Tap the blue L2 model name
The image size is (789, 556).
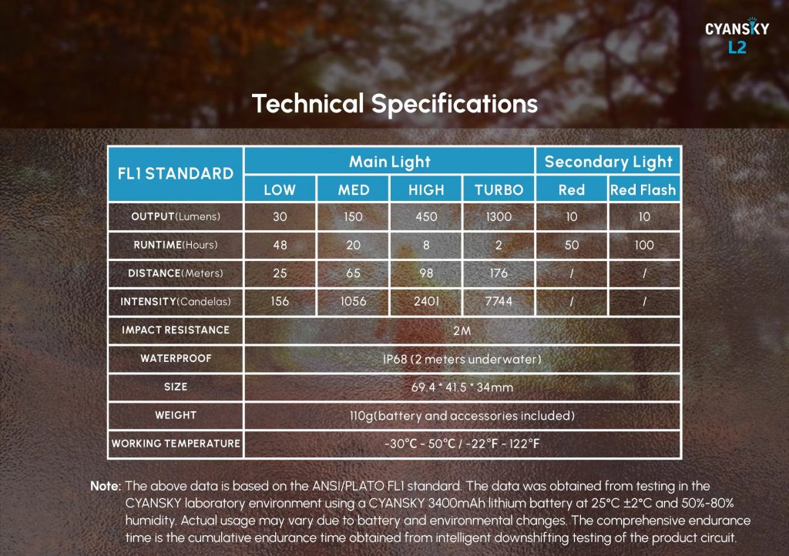pos(737,47)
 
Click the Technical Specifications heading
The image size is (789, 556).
pos(395,104)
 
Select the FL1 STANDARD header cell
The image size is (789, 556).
pos(176,174)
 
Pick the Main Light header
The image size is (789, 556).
pos(390,162)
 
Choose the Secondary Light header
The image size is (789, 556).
pos(609,162)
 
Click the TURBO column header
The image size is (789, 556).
pos(499,189)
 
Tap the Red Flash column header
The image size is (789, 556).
pos(643,189)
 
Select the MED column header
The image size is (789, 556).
pos(353,189)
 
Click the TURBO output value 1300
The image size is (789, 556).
pos(499,216)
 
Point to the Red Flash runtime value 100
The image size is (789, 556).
pos(644,245)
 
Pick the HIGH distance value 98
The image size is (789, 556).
pos(426,273)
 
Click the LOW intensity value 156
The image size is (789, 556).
pos(280,301)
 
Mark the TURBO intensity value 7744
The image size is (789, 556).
pos(499,301)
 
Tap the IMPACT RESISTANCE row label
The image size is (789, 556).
pos(176,330)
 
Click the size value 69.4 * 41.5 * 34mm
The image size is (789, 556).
pos(462,387)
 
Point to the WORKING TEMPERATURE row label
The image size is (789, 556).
pos(176,444)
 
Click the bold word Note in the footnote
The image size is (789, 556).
pos(106,486)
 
